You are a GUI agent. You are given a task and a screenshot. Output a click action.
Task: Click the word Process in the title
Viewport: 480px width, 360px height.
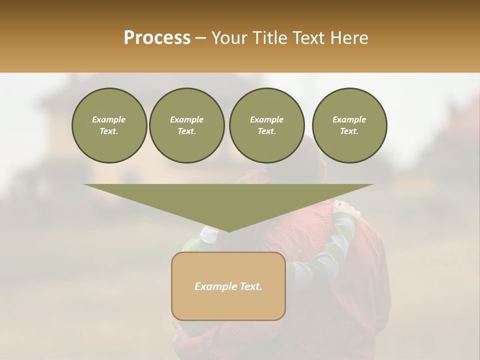tap(157, 38)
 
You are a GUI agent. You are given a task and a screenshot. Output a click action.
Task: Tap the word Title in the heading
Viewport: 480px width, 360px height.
tap(268, 38)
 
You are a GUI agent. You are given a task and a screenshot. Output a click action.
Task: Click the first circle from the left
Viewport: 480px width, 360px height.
tap(109, 125)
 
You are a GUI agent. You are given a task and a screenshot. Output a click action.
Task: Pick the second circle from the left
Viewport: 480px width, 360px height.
tap(186, 125)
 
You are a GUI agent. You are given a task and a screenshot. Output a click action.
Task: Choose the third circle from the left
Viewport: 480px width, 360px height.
tap(266, 125)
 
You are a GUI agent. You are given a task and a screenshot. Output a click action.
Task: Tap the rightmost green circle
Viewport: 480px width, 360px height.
tap(349, 125)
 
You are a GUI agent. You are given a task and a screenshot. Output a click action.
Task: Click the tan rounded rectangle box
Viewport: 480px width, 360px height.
tap(228, 286)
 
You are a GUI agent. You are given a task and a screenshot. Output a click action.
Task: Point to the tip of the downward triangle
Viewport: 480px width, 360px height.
tap(229, 231)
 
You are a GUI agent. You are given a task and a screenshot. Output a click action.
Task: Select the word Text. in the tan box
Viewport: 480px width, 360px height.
tap(250, 286)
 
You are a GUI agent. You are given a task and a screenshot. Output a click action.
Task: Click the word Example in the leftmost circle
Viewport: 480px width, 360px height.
tap(109, 119)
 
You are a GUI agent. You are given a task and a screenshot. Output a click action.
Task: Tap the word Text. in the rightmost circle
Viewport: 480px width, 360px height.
tap(349, 131)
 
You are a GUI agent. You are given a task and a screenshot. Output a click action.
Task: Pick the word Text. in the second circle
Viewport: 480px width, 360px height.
tap(186, 131)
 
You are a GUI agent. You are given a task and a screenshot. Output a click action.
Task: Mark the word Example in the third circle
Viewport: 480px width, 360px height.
tap(266, 119)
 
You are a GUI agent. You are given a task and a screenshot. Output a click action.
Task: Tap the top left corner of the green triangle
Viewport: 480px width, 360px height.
tap(84, 185)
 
